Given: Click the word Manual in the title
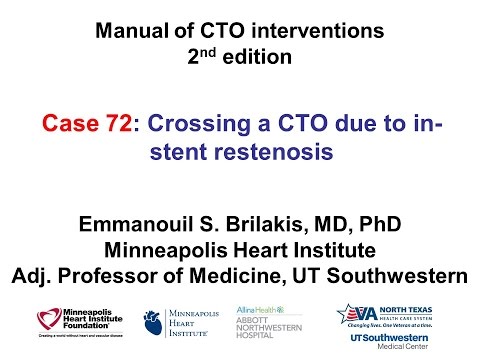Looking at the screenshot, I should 132,31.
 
